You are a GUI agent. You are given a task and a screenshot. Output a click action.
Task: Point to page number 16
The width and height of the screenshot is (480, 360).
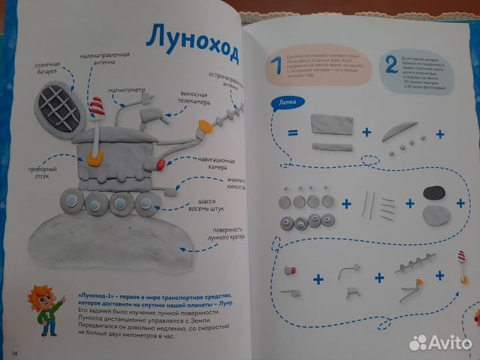point(15,351)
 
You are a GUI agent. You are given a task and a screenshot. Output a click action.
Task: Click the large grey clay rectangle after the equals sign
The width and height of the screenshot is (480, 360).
point(332,124)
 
